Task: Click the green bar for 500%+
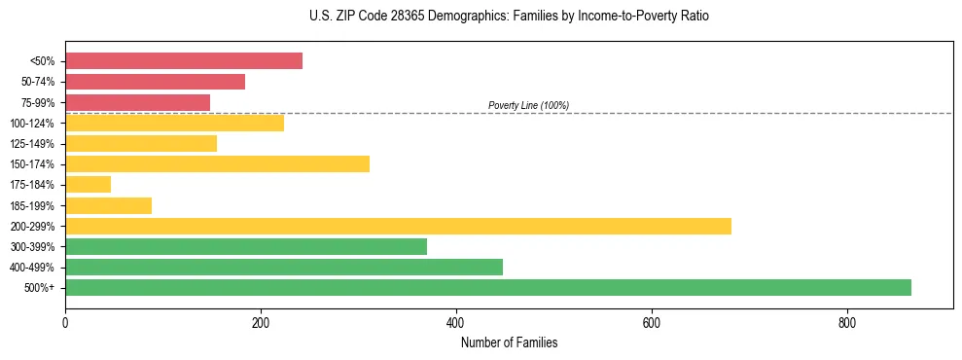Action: click(487, 287)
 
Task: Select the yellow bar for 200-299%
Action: click(398, 226)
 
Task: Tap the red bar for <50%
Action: click(184, 60)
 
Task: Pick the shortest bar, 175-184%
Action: click(88, 184)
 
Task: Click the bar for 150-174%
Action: click(217, 163)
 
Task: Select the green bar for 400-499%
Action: click(284, 267)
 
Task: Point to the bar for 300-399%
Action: click(246, 246)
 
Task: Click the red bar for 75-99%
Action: click(137, 102)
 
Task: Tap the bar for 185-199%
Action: click(108, 205)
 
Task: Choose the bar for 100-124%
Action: click(174, 123)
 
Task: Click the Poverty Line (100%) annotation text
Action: click(528, 105)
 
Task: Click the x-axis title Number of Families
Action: click(509, 342)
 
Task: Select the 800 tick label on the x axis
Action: click(846, 323)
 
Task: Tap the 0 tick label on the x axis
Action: click(65, 323)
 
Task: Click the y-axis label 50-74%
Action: click(37, 82)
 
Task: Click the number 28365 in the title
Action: click(398, 17)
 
